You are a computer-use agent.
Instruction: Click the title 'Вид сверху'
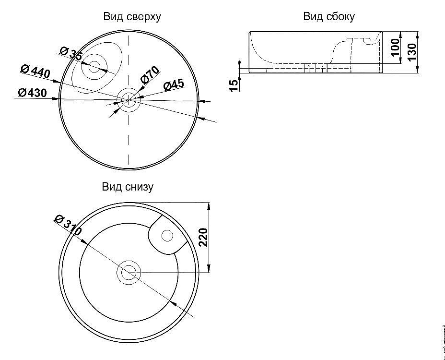[132, 17]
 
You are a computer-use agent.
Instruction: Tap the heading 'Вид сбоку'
[329, 17]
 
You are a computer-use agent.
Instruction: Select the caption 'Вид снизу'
[128, 187]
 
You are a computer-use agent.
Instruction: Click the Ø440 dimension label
[35, 72]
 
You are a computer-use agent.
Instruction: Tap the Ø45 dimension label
[174, 85]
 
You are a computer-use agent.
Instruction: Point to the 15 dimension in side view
[234, 84]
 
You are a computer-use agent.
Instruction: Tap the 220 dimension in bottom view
[203, 238]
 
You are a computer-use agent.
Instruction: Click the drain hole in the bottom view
[129, 273]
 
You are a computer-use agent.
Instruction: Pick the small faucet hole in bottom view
[167, 235]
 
